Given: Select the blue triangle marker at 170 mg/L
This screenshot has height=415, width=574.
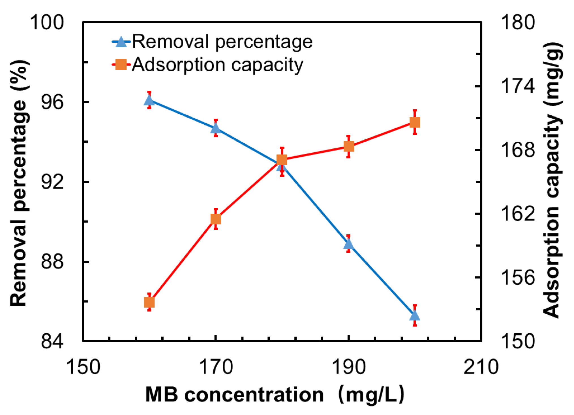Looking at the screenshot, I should click(216, 129).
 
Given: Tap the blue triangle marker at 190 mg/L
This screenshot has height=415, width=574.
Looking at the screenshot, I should click(348, 244).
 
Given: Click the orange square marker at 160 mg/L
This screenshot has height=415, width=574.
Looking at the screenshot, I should click(149, 302).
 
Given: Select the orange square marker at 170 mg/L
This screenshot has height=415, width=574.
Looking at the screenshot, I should click(216, 219).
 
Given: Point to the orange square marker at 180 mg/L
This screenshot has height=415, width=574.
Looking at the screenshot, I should click(282, 160).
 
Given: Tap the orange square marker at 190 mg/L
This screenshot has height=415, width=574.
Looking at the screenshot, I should click(348, 146).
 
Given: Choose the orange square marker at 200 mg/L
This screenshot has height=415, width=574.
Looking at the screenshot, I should click(415, 122).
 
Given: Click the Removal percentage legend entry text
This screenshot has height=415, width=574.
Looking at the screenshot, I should click(222, 42).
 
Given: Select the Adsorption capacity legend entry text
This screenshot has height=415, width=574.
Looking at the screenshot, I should click(217, 65).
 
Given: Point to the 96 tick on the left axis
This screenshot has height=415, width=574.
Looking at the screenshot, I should click(52, 102).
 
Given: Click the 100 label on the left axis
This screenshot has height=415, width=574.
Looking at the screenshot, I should click(47, 22).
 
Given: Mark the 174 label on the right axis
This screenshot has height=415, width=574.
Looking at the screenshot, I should click(518, 86).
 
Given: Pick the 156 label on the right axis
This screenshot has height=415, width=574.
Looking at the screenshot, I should click(518, 278).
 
